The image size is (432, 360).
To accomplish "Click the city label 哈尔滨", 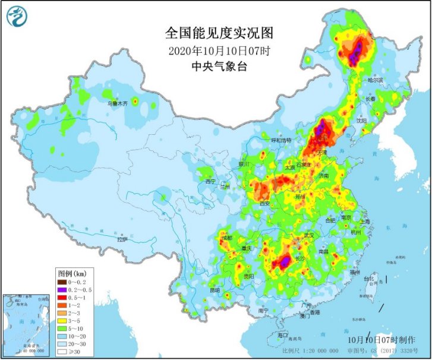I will pos(376,80).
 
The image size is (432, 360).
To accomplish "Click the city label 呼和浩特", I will pos(281,140).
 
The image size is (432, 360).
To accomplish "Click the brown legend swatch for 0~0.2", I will pos(62,282).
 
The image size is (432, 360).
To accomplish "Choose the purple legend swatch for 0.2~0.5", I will pos(62,289).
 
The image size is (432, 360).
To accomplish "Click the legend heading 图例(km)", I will pos(72,273).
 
